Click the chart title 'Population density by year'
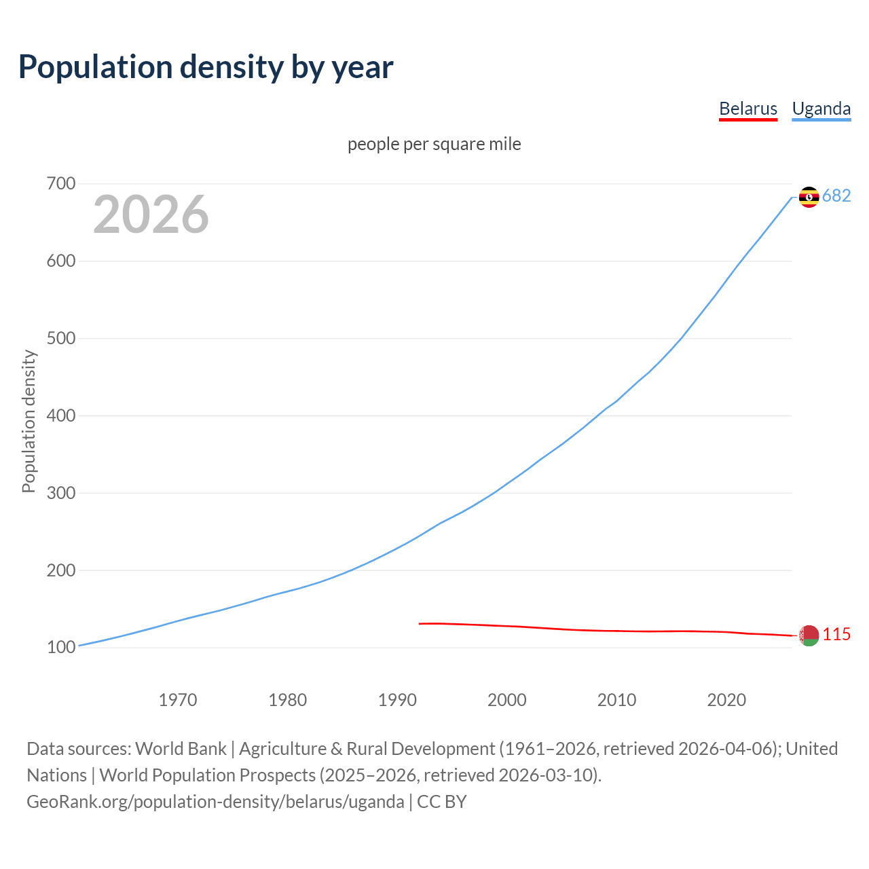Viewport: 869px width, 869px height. point(206,67)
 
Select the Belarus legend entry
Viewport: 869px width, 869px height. point(747,109)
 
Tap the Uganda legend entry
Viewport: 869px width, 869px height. point(821,109)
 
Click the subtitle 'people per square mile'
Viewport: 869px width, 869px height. point(434,144)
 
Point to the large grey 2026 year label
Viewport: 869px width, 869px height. point(151,215)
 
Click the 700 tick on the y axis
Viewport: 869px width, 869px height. point(61,183)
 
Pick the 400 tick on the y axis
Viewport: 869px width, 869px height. point(61,415)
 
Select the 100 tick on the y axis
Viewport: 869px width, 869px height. point(61,648)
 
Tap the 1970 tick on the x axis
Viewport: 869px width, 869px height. point(178,699)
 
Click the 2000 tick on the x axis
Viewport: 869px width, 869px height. point(507,699)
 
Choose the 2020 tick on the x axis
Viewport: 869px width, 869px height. point(726,699)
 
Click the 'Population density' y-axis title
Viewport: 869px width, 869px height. point(29,421)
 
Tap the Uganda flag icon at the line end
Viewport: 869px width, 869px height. point(809,197)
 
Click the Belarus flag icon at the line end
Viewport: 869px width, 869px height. point(809,635)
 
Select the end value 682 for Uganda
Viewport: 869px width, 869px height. point(836,196)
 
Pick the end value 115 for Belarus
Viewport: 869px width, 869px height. point(836,634)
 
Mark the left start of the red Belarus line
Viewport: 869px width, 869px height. point(420,623)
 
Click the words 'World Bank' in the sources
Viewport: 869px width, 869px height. point(181,748)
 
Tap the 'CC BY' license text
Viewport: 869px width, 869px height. point(442,801)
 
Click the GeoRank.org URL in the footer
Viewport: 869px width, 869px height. point(215,801)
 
